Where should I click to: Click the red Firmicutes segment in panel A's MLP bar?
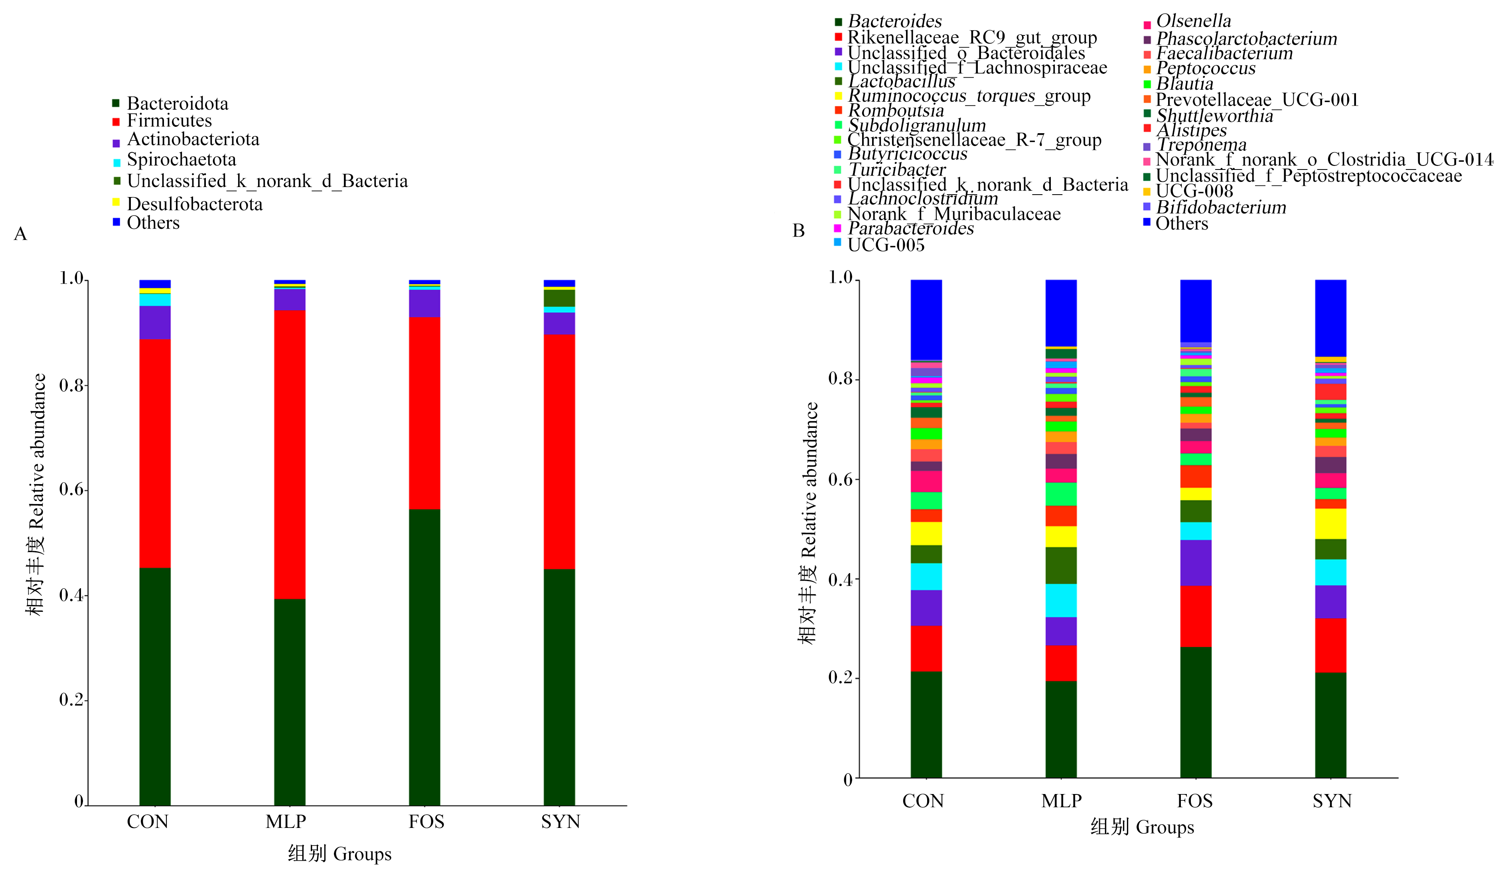pyautogui.click(x=290, y=454)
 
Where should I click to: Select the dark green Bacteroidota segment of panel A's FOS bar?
pyautogui.click(x=424, y=657)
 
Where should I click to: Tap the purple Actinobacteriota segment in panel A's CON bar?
pyautogui.click(x=155, y=322)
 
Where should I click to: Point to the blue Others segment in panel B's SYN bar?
pyautogui.click(x=1331, y=318)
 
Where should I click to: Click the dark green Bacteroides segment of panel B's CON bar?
pyautogui.click(x=926, y=725)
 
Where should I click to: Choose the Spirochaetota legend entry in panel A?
pyautogui.click(x=174, y=160)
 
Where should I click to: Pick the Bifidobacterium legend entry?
pyautogui.click(x=1215, y=207)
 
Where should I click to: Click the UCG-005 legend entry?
pyautogui.click(x=879, y=245)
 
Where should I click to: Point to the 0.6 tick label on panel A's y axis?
pyautogui.click(x=72, y=490)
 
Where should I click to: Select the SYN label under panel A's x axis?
pyautogui.click(x=561, y=822)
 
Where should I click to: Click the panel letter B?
pyautogui.click(x=799, y=231)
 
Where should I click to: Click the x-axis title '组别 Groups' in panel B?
pyautogui.click(x=1143, y=827)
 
